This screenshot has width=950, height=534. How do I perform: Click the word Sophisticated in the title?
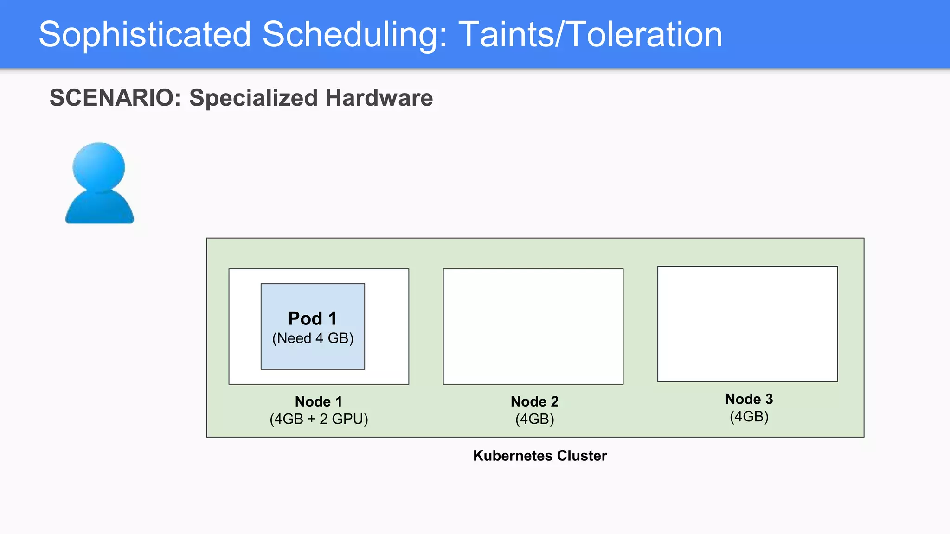point(145,35)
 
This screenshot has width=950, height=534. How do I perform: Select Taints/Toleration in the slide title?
point(590,35)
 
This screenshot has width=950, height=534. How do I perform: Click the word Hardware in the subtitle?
point(379,98)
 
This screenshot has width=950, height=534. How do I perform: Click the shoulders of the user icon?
point(99,209)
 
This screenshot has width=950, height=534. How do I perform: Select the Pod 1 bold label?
point(312,318)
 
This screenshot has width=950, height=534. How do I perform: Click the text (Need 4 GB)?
point(313,338)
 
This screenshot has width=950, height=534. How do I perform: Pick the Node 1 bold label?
point(318,401)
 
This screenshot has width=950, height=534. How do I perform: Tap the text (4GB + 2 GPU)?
point(319,419)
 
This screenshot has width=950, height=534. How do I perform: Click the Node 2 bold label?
point(534,401)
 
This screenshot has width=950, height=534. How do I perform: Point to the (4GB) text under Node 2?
point(534,419)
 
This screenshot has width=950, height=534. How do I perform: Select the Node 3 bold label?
point(749,399)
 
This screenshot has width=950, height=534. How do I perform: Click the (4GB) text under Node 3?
point(749,417)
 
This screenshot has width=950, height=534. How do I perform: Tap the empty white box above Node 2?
point(533,326)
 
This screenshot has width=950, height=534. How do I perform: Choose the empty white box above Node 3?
point(747,324)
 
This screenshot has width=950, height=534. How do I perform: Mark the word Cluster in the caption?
point(582,456)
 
